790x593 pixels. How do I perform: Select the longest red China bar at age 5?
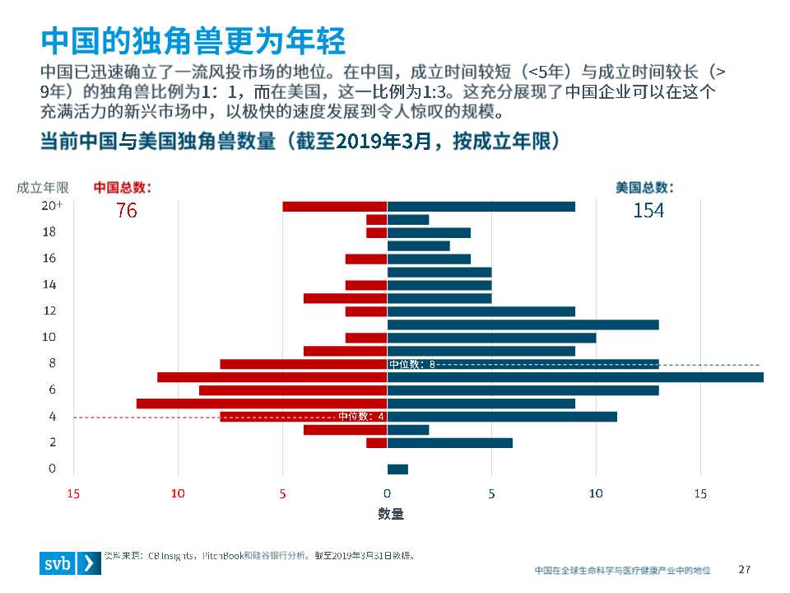pos(262,404)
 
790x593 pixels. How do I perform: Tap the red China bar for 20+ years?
pos(335,206)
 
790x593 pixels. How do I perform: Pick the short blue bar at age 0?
pos(397,469)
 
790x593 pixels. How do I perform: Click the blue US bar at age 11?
pos(523,325)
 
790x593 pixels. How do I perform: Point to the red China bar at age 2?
pos(377,443)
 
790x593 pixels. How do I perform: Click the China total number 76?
pos(127,211)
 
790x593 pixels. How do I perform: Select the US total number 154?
pos(648,211)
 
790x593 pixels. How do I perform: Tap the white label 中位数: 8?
pos(411,364)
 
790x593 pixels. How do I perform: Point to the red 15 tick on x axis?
pos(73,493)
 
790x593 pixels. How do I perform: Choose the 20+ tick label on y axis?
pos(52,206)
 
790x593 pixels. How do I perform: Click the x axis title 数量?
pos(391,514)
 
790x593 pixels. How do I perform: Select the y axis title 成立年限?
pos(43,188)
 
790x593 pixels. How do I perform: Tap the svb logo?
pos(70,563)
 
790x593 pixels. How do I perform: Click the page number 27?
pos(745,569)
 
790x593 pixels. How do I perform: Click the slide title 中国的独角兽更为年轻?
pos(193,40)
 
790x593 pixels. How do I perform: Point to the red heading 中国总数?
pos(123,188)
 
